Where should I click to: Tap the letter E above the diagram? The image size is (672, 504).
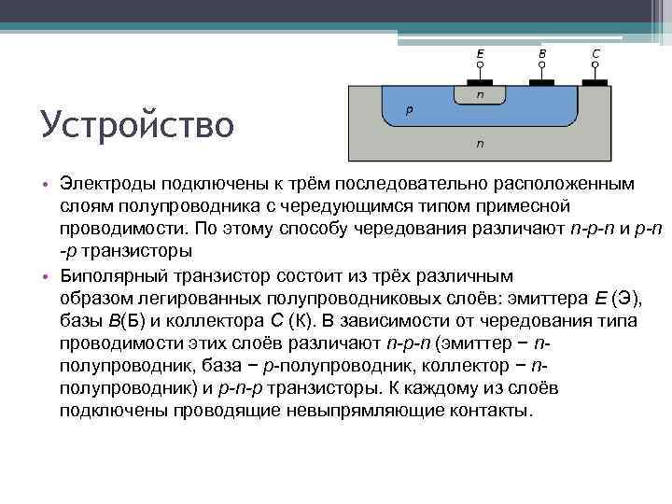click(480, 54)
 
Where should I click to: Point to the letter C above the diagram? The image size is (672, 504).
click(595, 54)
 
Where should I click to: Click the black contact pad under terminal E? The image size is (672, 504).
click(480, 82)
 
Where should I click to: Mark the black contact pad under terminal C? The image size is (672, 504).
click(595, 82)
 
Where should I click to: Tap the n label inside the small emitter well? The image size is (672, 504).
click(481, 94)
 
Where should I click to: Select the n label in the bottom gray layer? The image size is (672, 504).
click(481, 144)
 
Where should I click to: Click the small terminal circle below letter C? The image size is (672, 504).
click(595, 66)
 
